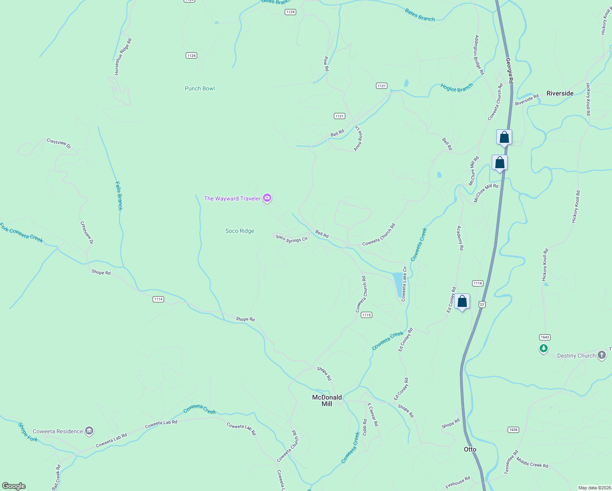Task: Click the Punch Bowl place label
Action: click(x=200, y=88)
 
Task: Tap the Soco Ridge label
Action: click(x=240, y=231)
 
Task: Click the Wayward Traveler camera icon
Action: click(x=267, y=198)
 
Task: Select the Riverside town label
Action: click(x=560, y=93)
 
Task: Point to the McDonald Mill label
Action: click(x=327, y=401)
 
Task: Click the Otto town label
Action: click(x=470, y=449)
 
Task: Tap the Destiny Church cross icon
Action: click(x=602, y=355)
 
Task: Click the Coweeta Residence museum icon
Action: click(x=89, y=431)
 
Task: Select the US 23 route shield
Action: click(x=482, y=304)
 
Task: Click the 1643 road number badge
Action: click(x=544, y=337)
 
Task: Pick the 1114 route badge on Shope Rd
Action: click(x=158, y=299)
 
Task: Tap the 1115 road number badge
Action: click(x=367, y=315)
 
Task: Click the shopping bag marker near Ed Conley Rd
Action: click(x=462, y=302)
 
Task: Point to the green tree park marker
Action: click(x=544, y=349)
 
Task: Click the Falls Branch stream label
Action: click(x=119, y=196)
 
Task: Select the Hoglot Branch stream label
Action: click(x=457, y=88)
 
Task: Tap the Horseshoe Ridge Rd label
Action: click(x=123, y=57)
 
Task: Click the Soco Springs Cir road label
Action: click(x=291, y=239)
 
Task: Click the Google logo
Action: click(x=14, y=486)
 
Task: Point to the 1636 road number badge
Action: click(x=513, y=430)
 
